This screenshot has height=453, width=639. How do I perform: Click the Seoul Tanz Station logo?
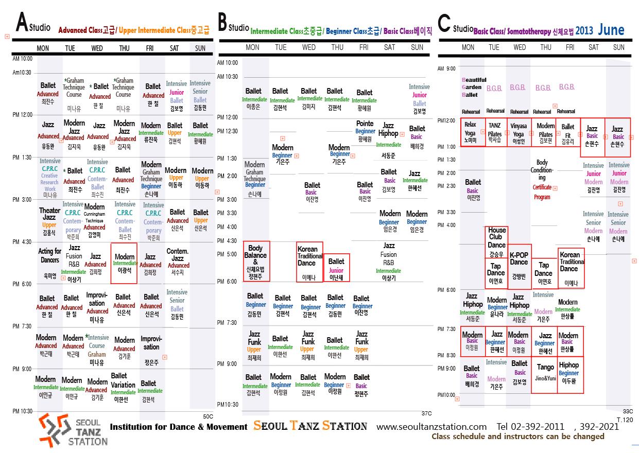(73, 430)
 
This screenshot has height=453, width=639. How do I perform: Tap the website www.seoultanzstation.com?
(431, 426)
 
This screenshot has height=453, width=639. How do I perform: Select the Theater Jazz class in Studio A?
(49, 221)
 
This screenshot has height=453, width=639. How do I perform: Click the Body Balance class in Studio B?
(256, 262)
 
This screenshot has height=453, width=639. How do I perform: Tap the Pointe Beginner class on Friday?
(365, 131)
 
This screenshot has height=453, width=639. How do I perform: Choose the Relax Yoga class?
(470, 133)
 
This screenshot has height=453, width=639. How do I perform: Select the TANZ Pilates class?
(494, 133)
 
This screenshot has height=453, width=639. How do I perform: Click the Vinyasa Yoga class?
(519, 133)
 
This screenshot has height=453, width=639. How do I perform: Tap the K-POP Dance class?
(519, 266)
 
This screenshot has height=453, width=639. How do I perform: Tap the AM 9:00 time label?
(446, 68)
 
